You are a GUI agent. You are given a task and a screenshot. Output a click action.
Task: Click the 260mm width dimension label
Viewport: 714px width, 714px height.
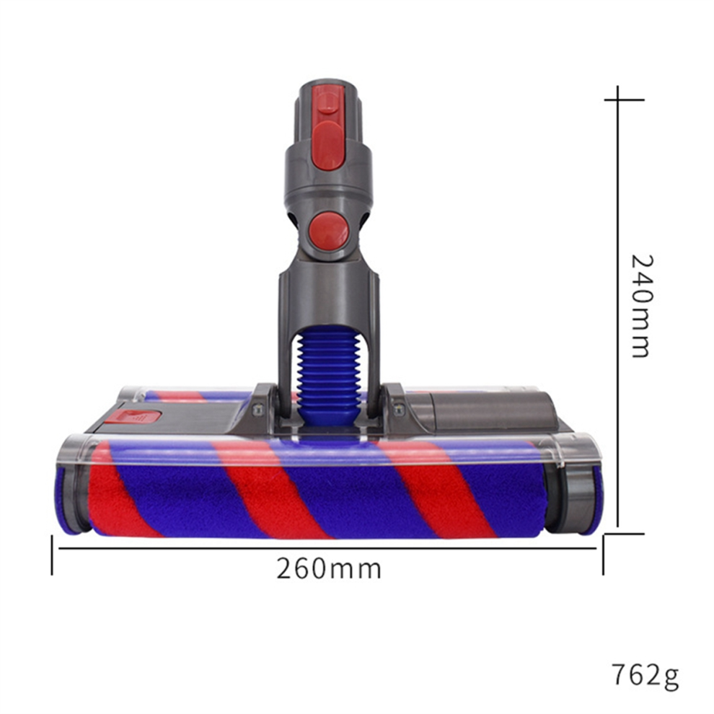pos(329,569)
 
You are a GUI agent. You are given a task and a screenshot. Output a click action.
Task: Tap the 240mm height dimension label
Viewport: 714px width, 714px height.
pos(642,306)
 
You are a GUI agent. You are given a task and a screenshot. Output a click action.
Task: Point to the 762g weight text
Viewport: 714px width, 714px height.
pos(645,676)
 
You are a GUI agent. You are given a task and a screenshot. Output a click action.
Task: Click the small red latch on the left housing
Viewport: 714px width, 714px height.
pos(133,416)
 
